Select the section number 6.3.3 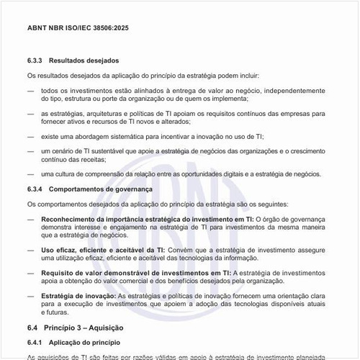coord(36,60)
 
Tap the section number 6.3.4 coord(36,189)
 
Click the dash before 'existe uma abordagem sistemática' coord(30,135)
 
